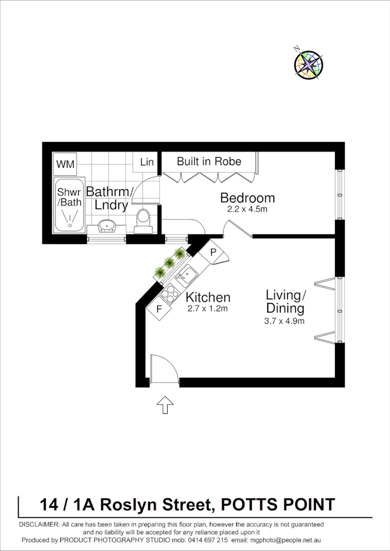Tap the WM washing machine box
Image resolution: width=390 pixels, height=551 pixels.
pos(66,164)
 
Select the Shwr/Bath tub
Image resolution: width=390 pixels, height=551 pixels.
pos(69,204)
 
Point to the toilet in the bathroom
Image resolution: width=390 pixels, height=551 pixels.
pos(142,219)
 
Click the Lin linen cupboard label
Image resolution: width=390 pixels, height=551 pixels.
pos(147,162)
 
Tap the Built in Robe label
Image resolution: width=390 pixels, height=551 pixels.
pos(209,161)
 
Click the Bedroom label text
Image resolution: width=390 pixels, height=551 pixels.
pos(247,198)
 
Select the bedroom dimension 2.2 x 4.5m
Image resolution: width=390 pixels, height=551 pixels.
pos(247,210)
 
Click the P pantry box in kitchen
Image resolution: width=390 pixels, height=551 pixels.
pos(213,251)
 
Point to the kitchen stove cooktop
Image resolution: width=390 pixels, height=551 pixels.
pos(169,294)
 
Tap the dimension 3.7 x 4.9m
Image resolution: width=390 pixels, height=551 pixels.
pos(284,321)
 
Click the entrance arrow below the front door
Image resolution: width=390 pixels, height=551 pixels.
pos(165,404)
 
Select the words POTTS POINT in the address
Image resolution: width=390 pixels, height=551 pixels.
pos(278,504)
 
